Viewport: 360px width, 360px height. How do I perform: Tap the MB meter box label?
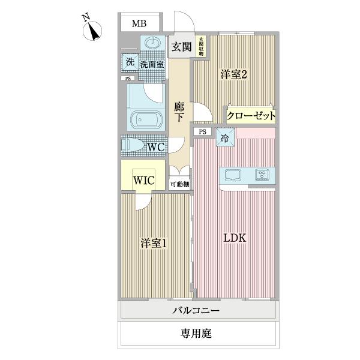pos(139,24)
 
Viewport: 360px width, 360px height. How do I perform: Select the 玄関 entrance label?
pos(181,47)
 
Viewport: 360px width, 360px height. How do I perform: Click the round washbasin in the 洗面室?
pos(151,44)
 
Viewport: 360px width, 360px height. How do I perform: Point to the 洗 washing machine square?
pos(130,61)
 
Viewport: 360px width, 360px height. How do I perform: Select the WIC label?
pos(144,180)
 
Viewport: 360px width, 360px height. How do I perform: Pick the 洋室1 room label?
pos(154,244)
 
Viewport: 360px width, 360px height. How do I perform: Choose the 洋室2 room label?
pos(234,74)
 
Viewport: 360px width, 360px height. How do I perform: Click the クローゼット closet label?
pos(251,115)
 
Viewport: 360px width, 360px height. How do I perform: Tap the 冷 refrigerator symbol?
pos(225,138)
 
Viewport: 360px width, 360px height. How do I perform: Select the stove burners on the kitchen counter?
pos(262,176)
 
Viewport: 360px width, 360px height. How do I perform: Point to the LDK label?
pos(235,238)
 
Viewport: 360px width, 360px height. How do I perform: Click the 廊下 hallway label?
pos(179,112)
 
